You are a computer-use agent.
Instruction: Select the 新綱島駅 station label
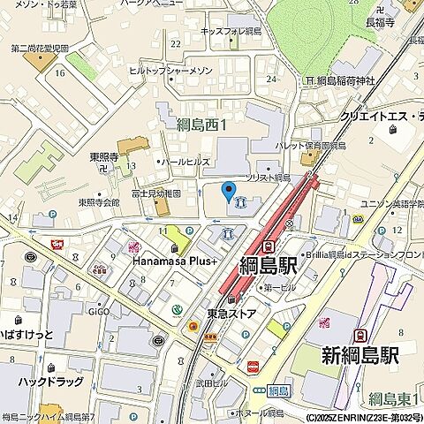(x=359, y=356)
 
